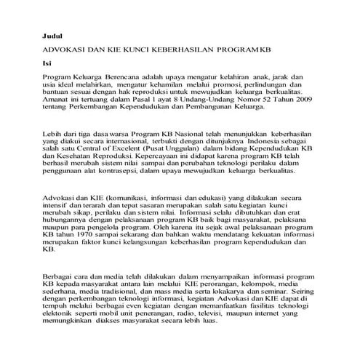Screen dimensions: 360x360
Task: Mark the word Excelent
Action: [129, 153]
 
